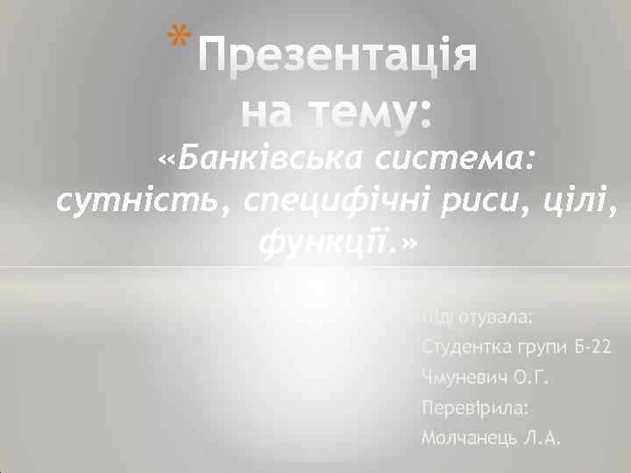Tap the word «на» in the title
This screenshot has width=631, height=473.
click(265, 112)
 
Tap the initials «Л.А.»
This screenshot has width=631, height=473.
click(541, 439)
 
